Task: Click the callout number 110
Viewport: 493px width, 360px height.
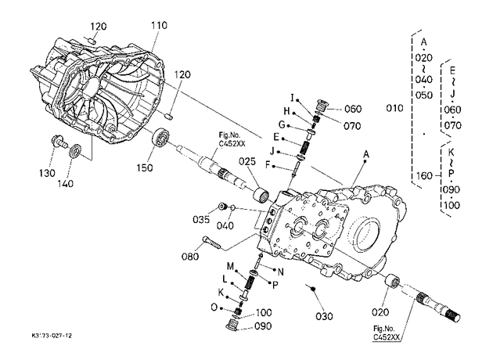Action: click(x=159, y=25)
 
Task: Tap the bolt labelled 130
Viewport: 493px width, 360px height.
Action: click(x=59, y=142)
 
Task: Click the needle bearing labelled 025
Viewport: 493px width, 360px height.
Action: click(x=261, y=193)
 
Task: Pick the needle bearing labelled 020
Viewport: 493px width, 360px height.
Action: click(x=392, y=281)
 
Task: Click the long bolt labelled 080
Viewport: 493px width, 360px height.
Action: click(x=211, y=243)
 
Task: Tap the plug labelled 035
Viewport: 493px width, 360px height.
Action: click(x=223, y=207)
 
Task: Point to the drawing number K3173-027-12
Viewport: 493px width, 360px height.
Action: click(x=52, y=336)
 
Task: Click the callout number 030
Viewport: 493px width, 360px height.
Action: click(x=324, y=316)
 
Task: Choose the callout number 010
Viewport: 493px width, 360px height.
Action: click(x=394, y=108)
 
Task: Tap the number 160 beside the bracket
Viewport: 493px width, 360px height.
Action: click(x=424, y=175)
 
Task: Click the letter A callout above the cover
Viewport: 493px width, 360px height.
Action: click(x=366, y=154)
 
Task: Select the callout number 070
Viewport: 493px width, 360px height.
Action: click(x=352, y=126)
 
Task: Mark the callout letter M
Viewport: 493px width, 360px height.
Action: click(x=231, y=267)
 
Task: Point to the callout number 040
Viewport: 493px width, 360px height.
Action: click(x=225, y=225)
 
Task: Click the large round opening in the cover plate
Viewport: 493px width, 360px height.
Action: click(x=365, y=233)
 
